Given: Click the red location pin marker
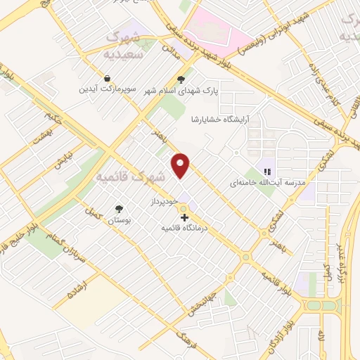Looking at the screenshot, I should coord(181,165).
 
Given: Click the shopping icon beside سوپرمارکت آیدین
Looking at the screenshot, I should coord(106,78).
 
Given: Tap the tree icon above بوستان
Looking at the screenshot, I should coord(118,208).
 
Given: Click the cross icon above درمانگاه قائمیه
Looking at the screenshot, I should coord(184,218).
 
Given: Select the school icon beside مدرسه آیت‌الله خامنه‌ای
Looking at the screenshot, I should coord(266,171).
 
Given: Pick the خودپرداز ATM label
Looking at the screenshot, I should coord(161,202).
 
